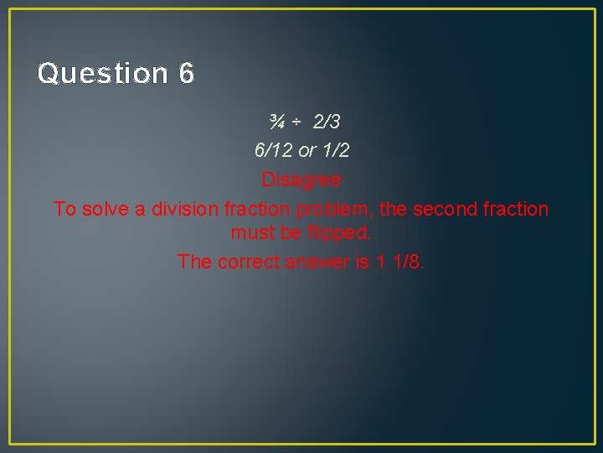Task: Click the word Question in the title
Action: point(103,74)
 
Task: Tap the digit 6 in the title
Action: point(186,74)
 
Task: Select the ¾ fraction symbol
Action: point(277,122)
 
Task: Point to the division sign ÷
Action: point(297,122)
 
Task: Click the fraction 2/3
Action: point(327,122)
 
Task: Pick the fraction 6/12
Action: point(274,151)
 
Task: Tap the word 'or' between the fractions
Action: point(307,151)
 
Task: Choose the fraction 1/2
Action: point(335,151)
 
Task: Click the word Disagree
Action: point(301,180)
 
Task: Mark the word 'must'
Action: point(251,232)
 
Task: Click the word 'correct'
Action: point(248,262)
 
